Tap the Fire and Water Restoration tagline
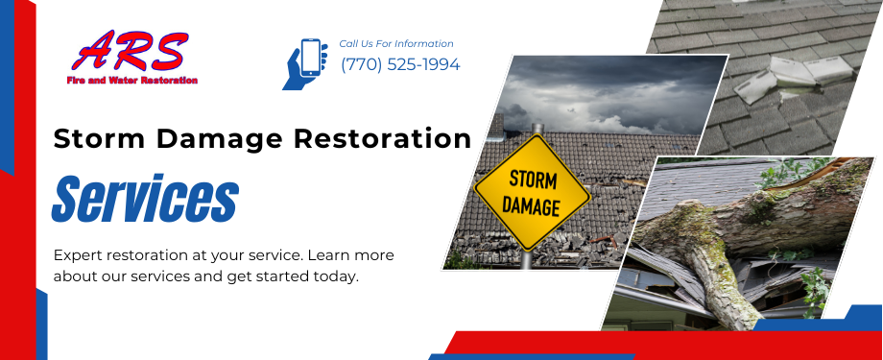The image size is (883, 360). coord(132,81)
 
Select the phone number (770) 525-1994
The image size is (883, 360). coord(400,65)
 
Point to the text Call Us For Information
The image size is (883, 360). coord(396,44)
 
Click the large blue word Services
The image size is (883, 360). coord(145,199)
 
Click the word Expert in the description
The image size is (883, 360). coord(79,256)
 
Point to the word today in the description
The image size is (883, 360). coord(336,276)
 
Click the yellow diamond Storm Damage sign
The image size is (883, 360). coord(532,192)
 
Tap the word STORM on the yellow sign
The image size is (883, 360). coord(532,180)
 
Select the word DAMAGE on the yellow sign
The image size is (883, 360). coord(532,205)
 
